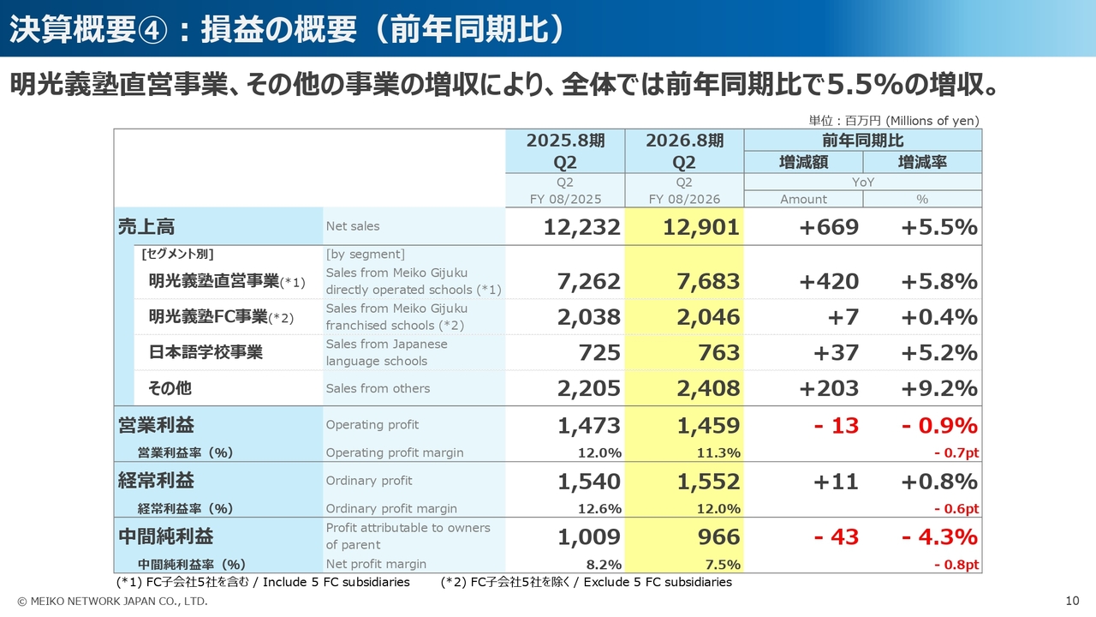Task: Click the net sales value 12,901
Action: click(x=701, y=227)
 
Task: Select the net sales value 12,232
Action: click(x=581, y=227)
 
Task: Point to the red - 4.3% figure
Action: click(x=939, y=537)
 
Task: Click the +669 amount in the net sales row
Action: click(x=828, y=227)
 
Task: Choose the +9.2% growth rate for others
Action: click(x=939, y=388)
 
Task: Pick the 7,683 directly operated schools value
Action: click(x=701, y=281)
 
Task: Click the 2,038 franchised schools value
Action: click(x=589, y=317)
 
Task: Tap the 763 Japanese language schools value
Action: click(x=718, y=353)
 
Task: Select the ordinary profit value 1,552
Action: click(x=708, y=482)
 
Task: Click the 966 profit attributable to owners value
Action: click(x=718, y=537)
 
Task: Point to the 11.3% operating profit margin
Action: click(x=720, y=452)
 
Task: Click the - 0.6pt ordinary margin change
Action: click(x=956, y=509)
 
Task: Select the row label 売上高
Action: click(x=146, y=227)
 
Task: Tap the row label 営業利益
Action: click(x=156, y=426)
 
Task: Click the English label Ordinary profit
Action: click(x=369, y=481)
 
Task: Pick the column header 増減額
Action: click(x=803, y=162)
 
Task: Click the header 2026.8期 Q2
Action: click(x=684, y=151)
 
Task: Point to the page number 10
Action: click(x=1072, y=601)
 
